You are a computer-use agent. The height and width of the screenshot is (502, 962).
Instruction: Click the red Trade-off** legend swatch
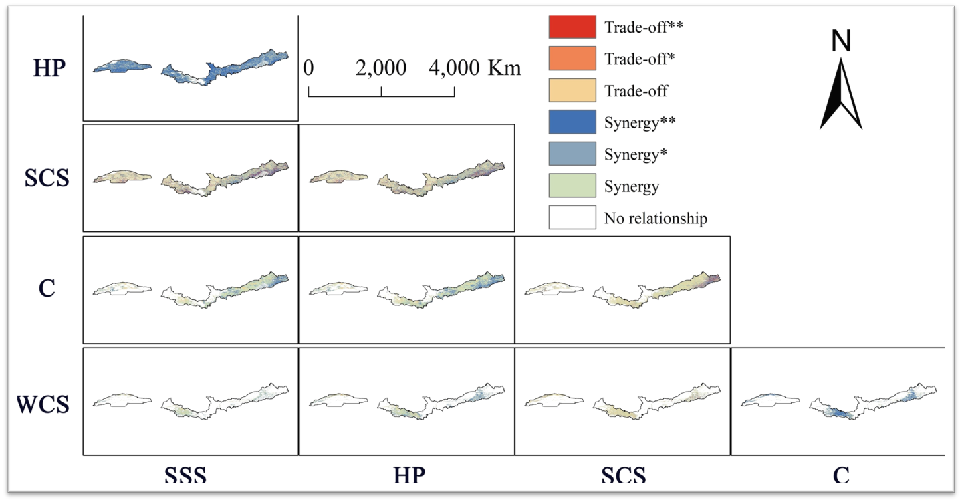click(x=572, y=27)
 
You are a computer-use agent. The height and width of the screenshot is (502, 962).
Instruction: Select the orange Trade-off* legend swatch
click(x=572, y=58)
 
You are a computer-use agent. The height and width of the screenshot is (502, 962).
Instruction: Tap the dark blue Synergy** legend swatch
click(x=572, y=122)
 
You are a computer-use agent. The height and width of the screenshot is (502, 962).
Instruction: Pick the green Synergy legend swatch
click(x=572, y=185)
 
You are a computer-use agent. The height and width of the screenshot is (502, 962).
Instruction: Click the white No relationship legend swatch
click(x=572, y=217)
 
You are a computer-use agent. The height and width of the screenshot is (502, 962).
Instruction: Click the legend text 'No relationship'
click(x=655, y=218)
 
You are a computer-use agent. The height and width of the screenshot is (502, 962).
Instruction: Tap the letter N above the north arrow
click(x=841, y=41)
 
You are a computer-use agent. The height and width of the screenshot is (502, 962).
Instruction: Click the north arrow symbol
click(x=840, y=94)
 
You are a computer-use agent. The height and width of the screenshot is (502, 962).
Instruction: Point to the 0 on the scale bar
click(x=308, y=68)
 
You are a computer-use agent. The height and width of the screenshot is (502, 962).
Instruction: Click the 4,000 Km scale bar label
click(x=475, y=68)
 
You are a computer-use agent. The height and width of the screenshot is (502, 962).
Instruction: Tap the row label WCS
click(x=43, y=405)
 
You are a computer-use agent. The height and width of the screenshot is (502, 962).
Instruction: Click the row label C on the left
click(x=47, y=289)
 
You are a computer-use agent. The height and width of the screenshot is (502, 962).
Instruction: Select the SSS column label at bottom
click(x=186, y=475)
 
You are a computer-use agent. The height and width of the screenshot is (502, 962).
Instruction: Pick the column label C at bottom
click(x=841, y=475)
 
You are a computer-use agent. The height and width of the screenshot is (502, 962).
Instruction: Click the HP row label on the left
click(x=49, y=69)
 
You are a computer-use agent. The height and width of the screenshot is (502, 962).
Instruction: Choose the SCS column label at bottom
click(x=623, y=475)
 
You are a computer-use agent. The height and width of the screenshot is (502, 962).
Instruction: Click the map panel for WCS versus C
click(x=838, y=402)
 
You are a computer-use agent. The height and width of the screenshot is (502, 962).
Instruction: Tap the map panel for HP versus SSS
click(x=191, y=68)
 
